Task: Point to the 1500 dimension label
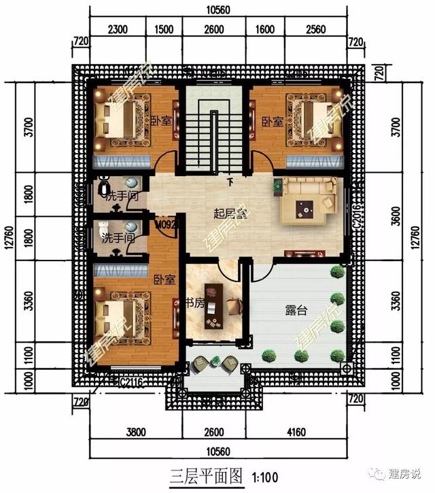click(163, 30)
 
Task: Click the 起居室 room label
click(229, 214)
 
